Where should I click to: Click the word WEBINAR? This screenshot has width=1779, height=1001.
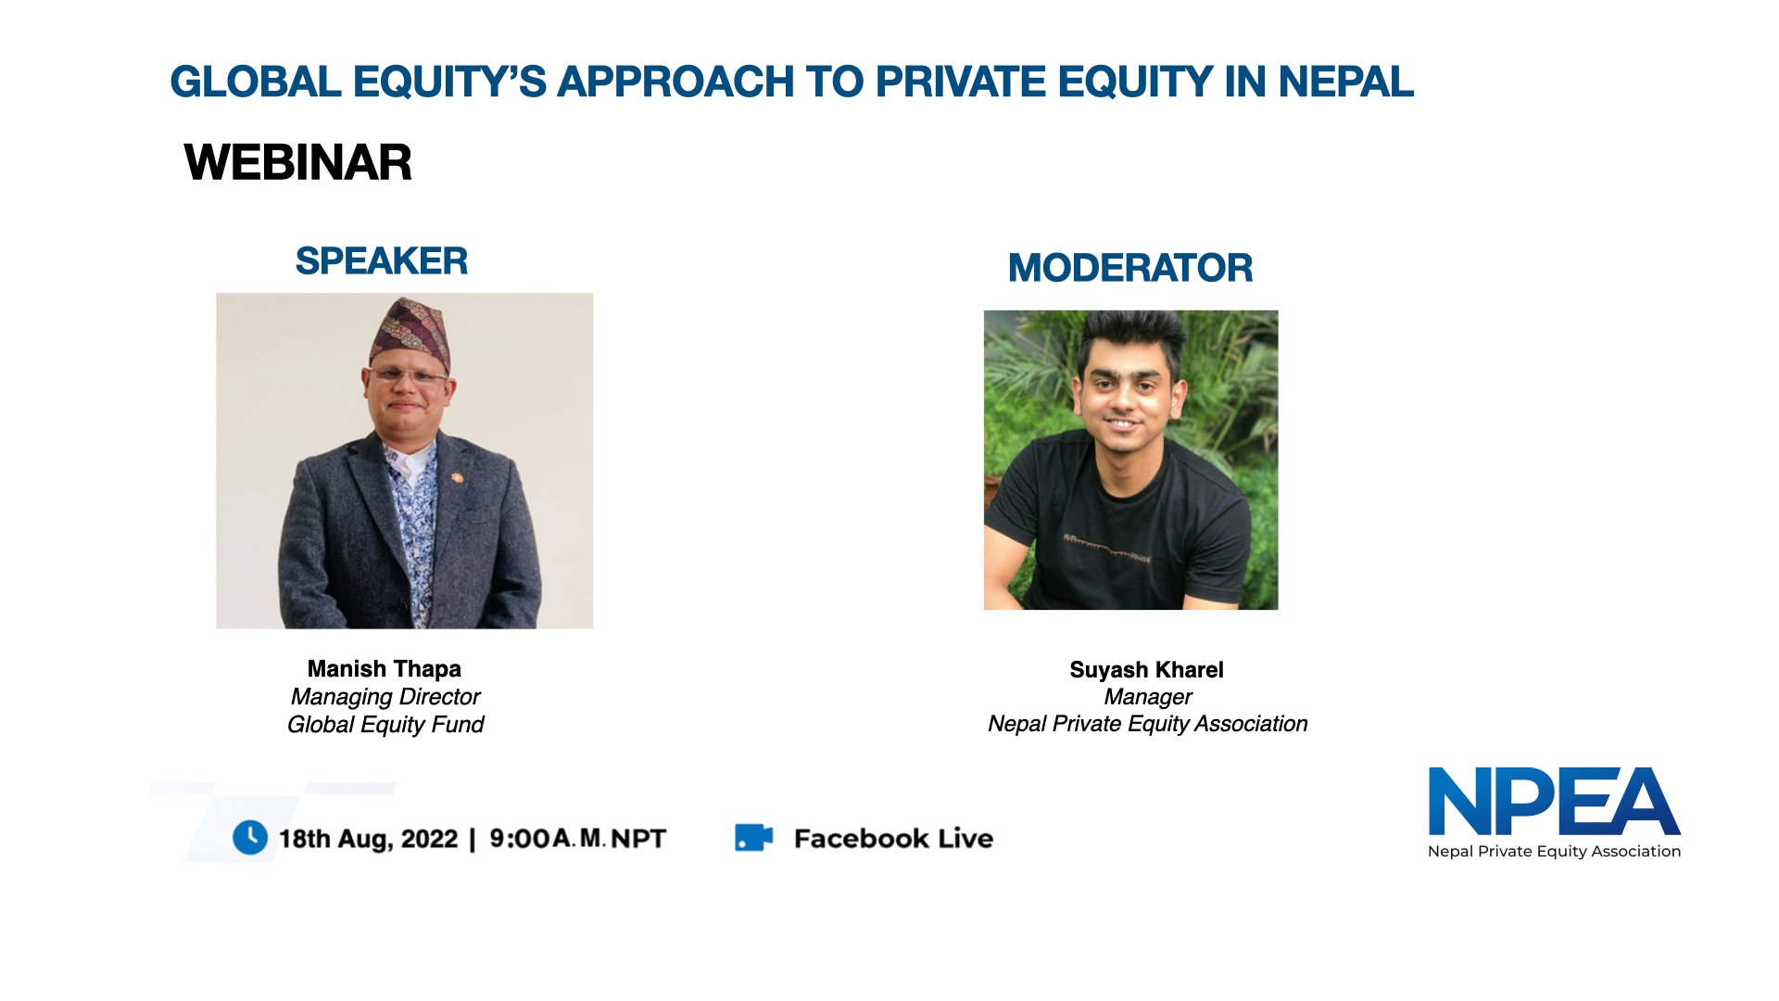click(x=297, y=162)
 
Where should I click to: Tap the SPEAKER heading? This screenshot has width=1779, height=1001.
click(x=381, y=261)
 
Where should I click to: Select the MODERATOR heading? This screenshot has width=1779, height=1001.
click(x=1129, y=269)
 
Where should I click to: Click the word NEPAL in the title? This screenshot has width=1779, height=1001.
click(x=1345, y=82)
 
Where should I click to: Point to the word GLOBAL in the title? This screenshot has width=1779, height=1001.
click(x=256, y=82)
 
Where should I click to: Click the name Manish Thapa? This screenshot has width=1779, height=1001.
click(x=384, y=669)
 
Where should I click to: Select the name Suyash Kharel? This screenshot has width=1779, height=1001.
click(x=1146, y=670)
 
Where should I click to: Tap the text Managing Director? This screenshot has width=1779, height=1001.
click(x=385, y=697)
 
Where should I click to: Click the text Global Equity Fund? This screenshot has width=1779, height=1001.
click(x=385, y=725)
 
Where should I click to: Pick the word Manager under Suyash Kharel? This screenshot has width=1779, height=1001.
click(x=1148, y=697)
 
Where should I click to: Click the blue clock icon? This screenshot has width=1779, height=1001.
click(x=249, y=838)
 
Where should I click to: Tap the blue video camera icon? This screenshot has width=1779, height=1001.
click(x=753, y=838)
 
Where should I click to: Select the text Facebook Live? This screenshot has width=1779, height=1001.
click(x=893, y=839)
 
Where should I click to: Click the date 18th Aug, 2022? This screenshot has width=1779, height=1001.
click(x=368, y=840)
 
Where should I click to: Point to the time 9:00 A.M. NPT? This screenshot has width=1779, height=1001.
click(x=577, y=839)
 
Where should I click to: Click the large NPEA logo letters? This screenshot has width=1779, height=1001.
click(x=1554, y=803)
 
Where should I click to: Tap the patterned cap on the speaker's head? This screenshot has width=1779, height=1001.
click(x=410, y=331)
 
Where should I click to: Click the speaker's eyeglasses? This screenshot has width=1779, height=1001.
click(x=407, y=376)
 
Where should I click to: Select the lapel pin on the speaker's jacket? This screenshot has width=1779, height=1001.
click(x=456, y=478)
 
